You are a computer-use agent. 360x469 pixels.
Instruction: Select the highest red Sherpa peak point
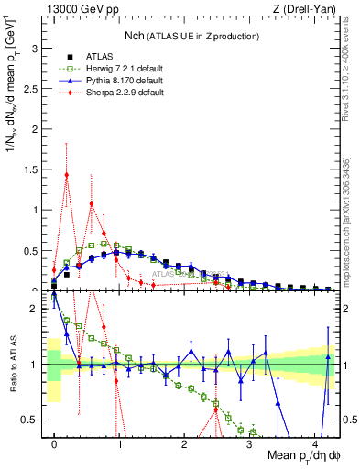click(66, 174)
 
